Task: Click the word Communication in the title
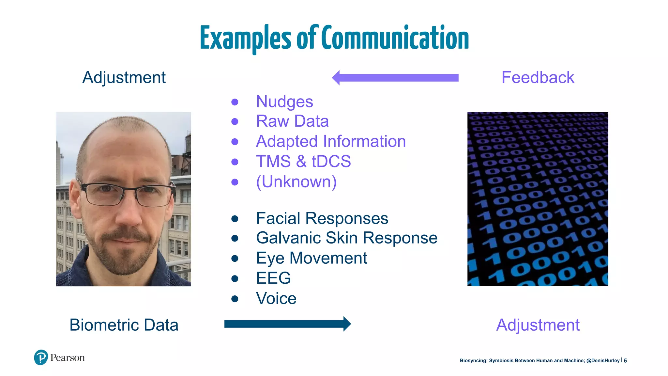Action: (x=395, y=39)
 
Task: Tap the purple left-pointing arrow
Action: (x=395, y=78)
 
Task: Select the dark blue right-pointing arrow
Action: (x=287, y=324)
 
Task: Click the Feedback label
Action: (x=538, y=78)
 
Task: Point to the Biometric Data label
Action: (x=124, y=325)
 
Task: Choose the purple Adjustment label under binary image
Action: (x=538, y=325)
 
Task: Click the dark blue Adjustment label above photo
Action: (x=124, y=78)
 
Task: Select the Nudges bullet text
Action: (x=284, y=102)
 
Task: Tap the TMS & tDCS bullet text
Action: (x=303, y=161)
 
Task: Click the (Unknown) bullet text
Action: (x=296, y=181)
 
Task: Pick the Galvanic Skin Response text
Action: (x=346, y=238)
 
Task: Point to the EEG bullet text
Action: (x=273, y=278)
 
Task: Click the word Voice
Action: (x=276, y=298)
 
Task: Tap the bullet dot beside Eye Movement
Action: (x=235, y=258)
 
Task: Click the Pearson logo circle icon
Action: (x=41, y=357)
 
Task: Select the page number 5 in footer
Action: (x=625, y=361)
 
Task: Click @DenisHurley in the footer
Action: (x=603, y=361)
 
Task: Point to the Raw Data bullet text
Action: (x=292, y=121)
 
